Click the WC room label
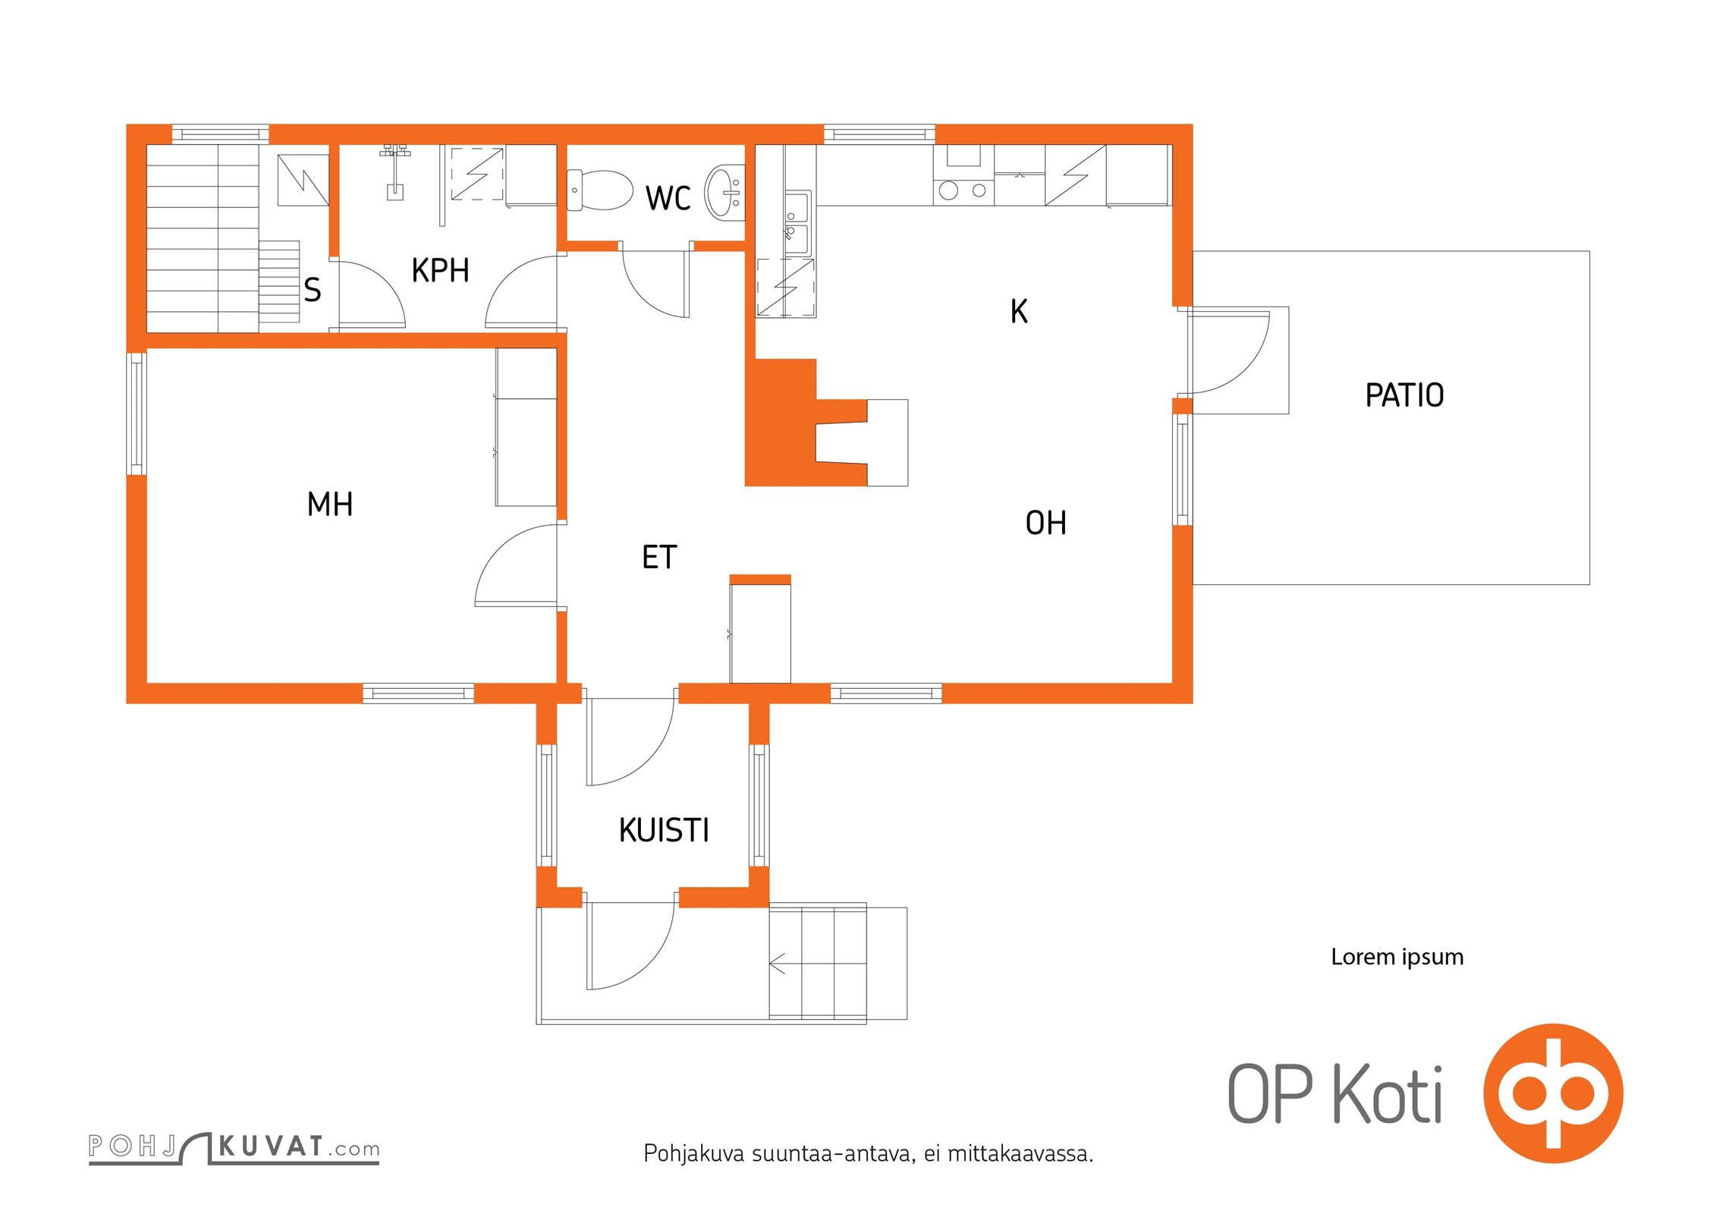click(x=668, y=198)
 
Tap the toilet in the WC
click(x=599, y=190)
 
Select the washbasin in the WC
click(x=724, y=193)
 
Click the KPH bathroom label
click(x=440, y=270)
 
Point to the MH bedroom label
click(x=330, y=504)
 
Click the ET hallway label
click(x=658, y=557)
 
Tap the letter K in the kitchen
click(x=1019, y=311)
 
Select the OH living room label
click(x=1045, y=523)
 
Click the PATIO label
click(x=1404, y=395)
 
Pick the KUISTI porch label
click(x=664, y=830)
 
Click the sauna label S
click(x=312, y=290)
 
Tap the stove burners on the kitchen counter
click(x=963, y=190)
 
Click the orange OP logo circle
click(x=1553, y=1093)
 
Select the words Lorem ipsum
click(x=1397, y=957)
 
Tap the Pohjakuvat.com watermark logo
click(x=234, y=1148)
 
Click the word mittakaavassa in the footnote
click(x=1020, y=1154)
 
